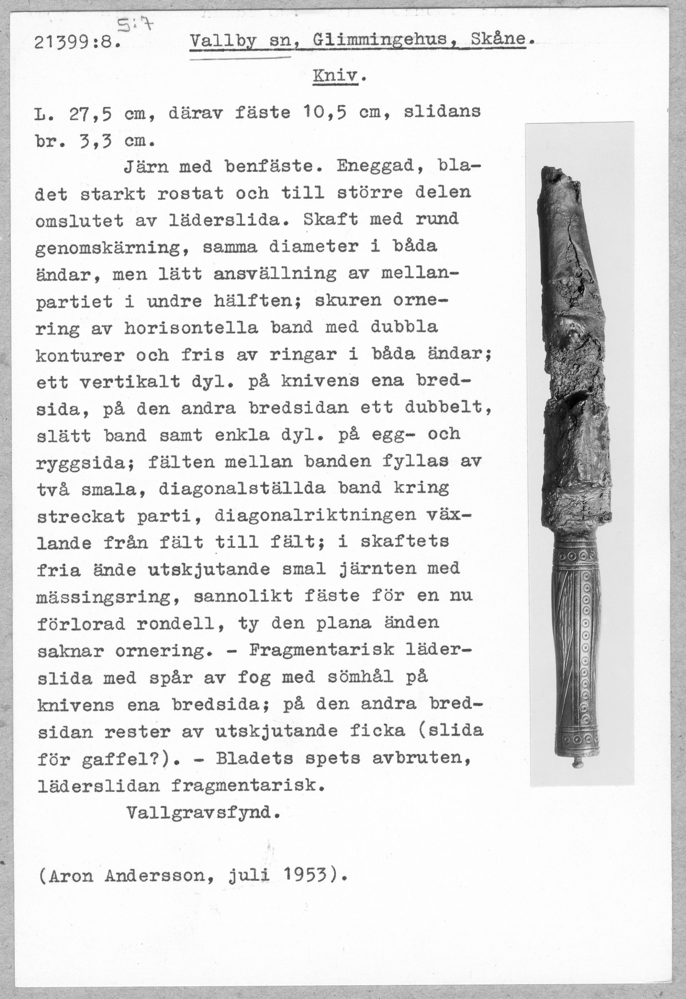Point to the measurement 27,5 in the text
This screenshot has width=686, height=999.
(90, 114)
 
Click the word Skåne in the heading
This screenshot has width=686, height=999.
(498, 40)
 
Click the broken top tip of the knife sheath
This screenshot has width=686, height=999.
(554, 172)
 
